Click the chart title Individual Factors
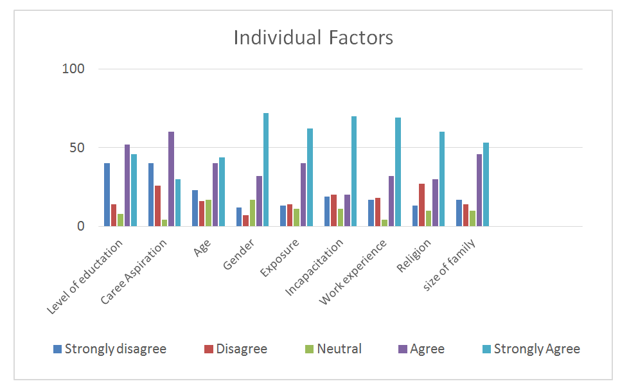(x=313, y=37)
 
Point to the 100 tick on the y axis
(x=75, y=69)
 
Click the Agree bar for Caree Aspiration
(x=171, y=179)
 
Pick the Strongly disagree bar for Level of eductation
(x=107, y=195)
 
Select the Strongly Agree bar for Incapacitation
(x=354, y=171)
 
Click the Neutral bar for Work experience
(x=384, y=223)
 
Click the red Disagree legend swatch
(x=208, y=349)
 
